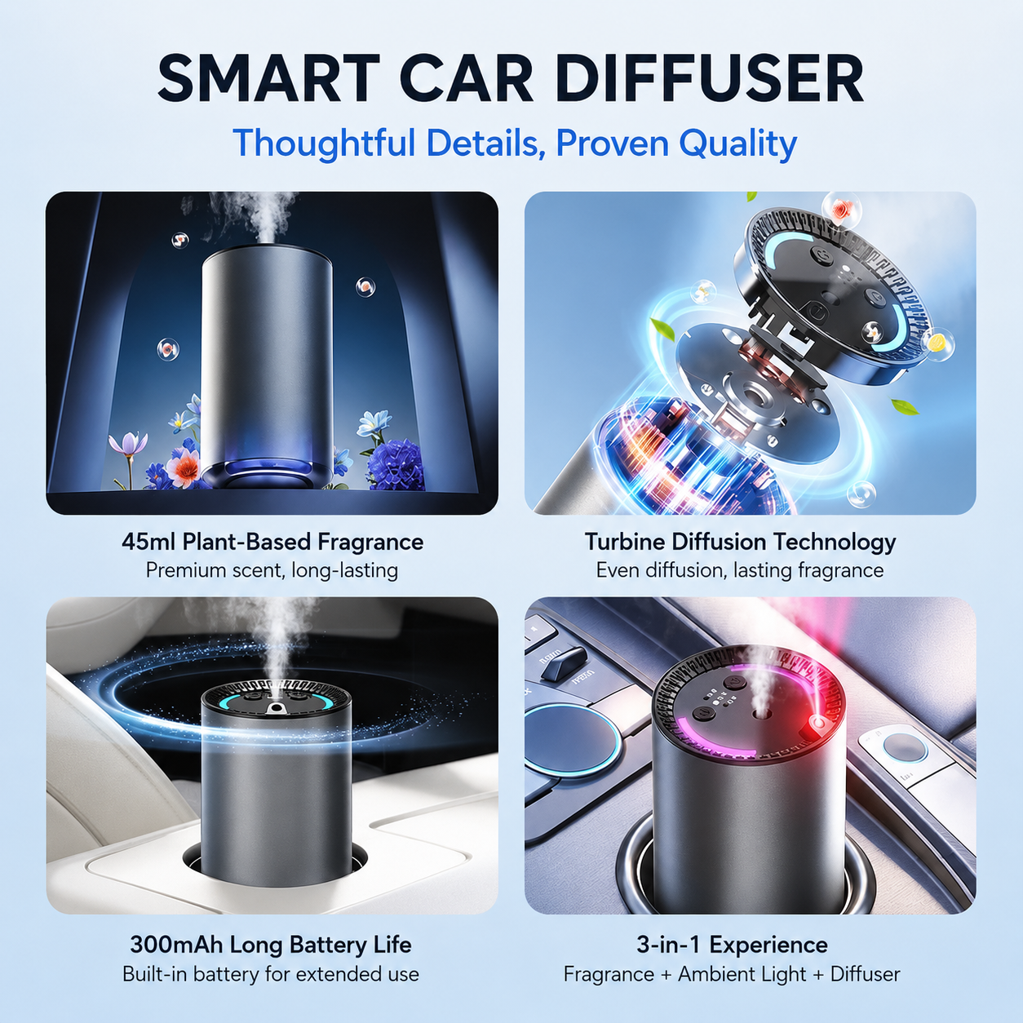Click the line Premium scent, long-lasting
pyautogui.click(x=272, y=571)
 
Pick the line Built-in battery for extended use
pyautogui.click(x=271, y=974)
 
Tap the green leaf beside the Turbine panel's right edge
pyautogui.click(x=906, y=407)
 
